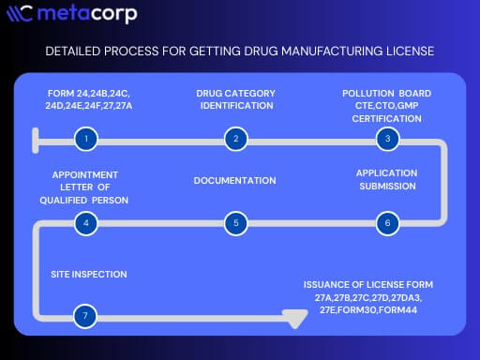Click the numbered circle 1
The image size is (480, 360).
[85, 140]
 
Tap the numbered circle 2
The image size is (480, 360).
[235, 140]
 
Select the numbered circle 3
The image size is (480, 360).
[385, 140]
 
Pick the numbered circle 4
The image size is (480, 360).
[85, 223]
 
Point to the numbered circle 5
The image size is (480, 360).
[235, 223]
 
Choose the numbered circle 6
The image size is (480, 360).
[385, 223]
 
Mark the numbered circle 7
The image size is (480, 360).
[85, 316]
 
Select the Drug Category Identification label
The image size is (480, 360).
[234, 99]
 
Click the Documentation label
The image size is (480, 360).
[234, 180]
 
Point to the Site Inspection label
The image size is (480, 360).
[89, 274]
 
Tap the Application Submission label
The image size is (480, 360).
[386, 179]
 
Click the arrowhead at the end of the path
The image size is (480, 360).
[297, 317]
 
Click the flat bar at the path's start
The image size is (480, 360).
[34, 140]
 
